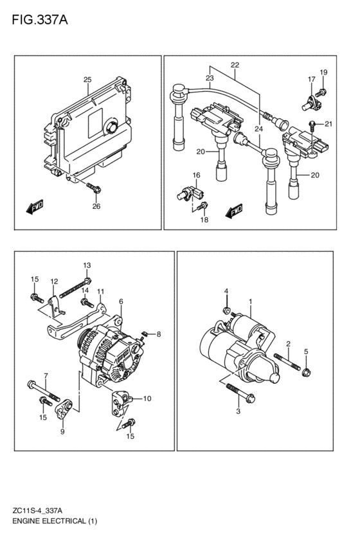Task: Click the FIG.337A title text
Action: click(40, 20)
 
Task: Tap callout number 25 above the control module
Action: click(87, 80)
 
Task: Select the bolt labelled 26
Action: click(94, 188)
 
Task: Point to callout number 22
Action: click(235, 65)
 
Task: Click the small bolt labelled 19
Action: click(321, 93)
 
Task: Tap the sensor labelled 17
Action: click(311, 103)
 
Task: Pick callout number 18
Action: click(204, 220)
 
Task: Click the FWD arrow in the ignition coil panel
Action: click(234, 211)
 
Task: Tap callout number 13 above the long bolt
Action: click(87, 265)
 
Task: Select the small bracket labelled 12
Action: click(55, 307)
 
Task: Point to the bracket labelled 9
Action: click(64, 409)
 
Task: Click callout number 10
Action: click(147, 399)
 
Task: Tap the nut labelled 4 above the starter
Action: click(227, 309)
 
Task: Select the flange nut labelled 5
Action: click(307, 372)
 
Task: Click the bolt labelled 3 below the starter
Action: click(240, 393)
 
